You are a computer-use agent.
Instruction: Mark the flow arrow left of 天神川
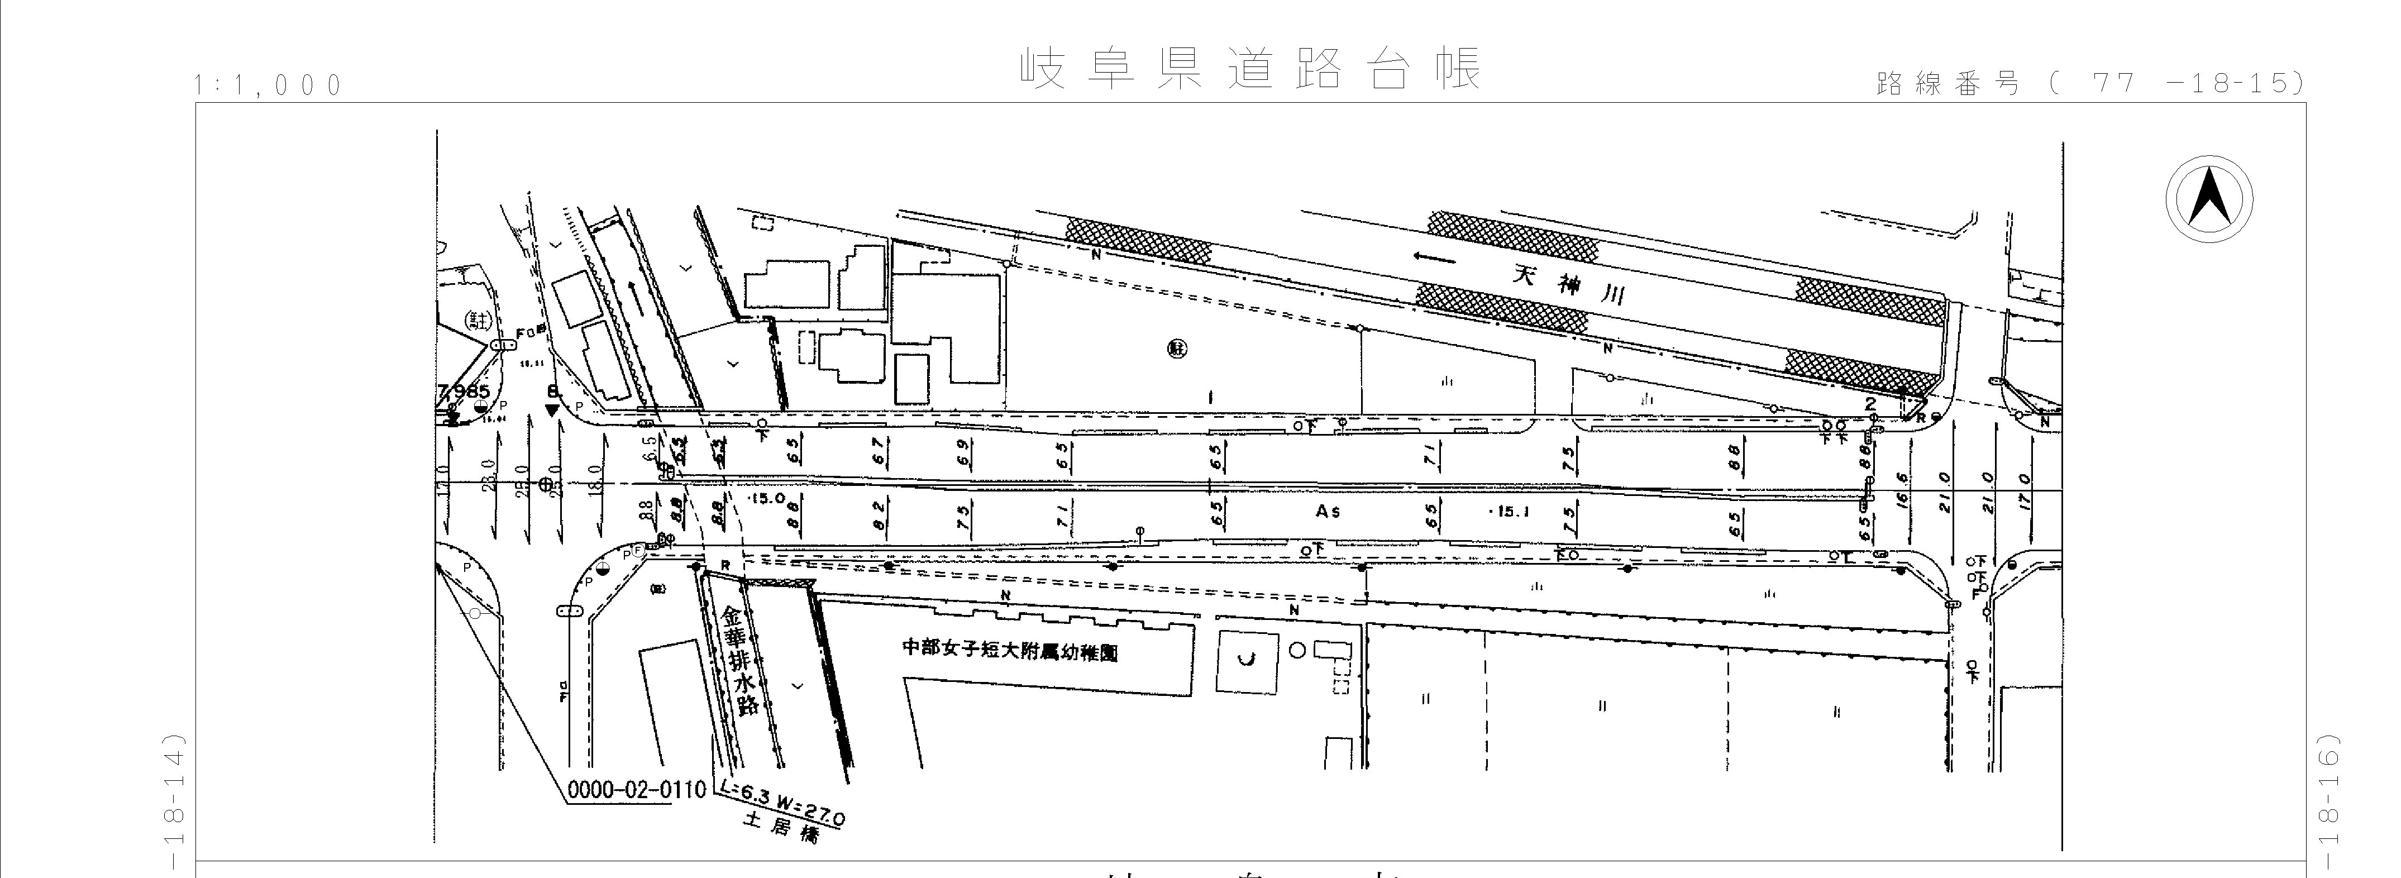pyautogui.click(x=1434, y=258)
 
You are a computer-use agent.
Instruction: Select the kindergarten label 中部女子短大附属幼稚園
pyautogui.click(x=1009, y=650)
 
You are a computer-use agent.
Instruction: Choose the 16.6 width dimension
pyautogui.click(x=1902, y=488)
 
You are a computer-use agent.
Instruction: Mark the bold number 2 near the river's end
pyautogui.click(x=1870, y=404)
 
